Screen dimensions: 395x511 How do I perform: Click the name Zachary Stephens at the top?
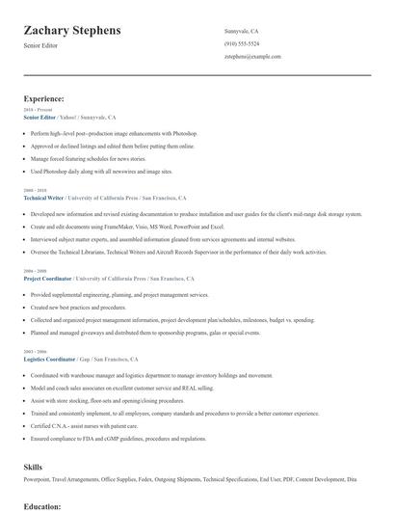(x=72, y=30)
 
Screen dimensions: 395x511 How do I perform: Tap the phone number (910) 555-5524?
(x=242, y=44)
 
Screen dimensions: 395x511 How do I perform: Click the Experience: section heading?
(x=44, y=98)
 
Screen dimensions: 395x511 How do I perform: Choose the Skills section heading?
(x=33, y=467)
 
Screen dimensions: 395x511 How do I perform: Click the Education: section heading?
(x=42, y=505)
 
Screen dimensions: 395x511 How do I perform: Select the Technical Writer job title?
(x=43, y=198)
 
